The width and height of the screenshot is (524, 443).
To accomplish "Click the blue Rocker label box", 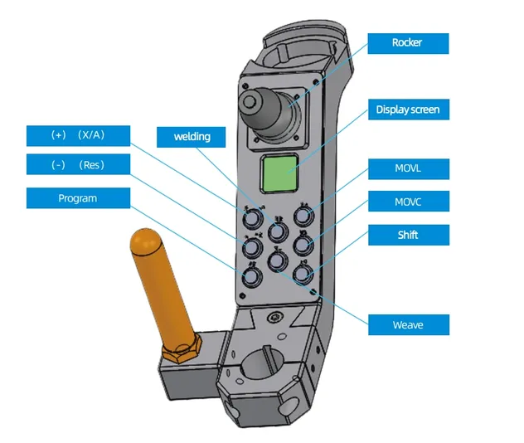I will [408, 43].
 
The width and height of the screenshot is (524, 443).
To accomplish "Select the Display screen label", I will [408, 110].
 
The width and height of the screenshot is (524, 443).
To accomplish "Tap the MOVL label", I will [408, 169].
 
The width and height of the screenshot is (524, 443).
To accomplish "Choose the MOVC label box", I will [408, 202].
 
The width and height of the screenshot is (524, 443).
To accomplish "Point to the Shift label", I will [408, 235].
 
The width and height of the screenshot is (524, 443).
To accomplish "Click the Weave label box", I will [408, 324].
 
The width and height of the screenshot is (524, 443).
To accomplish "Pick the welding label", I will [192, 136].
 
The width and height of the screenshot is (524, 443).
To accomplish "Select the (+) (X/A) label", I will [78, 134].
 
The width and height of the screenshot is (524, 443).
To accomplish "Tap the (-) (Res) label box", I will [78, 164].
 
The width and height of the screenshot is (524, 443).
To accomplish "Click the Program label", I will [78, 198].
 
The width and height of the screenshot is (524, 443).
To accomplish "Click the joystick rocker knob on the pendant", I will [250, 103].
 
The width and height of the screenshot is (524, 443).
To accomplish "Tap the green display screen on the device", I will [279, 173].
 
